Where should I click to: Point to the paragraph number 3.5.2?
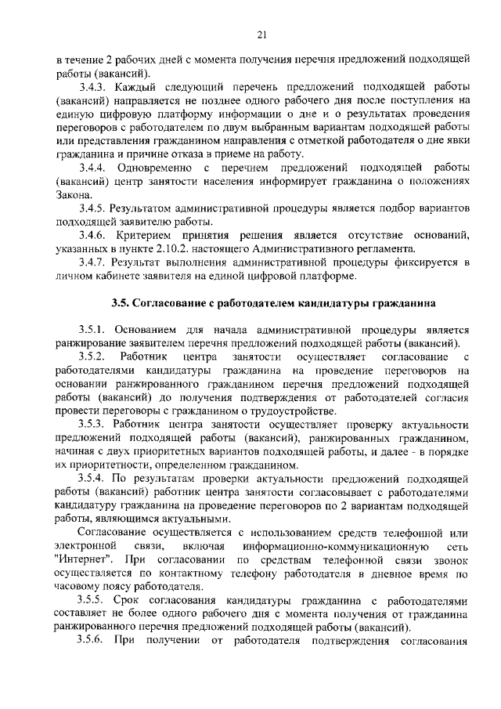tap(94, 357)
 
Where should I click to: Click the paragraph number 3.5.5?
tap(94, 601)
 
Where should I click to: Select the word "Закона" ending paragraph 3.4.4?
tap(74, 195)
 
